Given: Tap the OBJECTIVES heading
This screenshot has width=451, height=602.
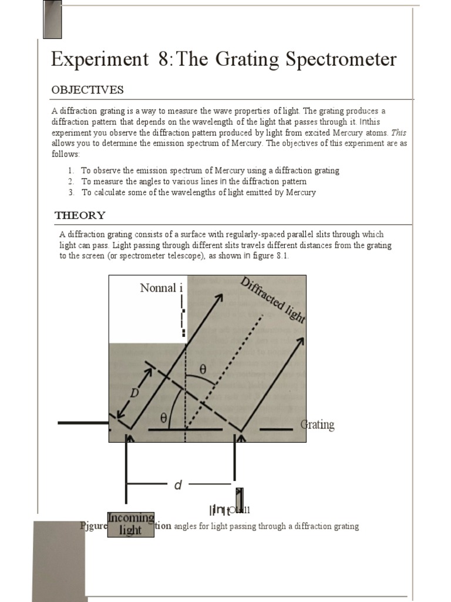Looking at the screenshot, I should click(87, 90).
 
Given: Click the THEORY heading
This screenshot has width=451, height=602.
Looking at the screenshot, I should click(80, 215).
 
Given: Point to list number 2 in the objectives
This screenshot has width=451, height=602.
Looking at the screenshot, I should click(71, 182).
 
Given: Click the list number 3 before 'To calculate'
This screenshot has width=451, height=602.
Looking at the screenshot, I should click(71, 192).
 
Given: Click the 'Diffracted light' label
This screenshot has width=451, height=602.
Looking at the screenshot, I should click(273, 300).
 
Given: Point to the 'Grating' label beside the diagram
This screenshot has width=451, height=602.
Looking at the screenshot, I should click(317, 425).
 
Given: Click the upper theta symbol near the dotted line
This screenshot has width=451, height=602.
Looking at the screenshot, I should click(203, 370).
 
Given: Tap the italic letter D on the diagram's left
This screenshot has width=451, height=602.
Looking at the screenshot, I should click(134, 393).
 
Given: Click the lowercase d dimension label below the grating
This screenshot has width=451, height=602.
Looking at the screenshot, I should click(178, 485).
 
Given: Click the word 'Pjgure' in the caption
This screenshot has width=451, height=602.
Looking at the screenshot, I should click(93, 526).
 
